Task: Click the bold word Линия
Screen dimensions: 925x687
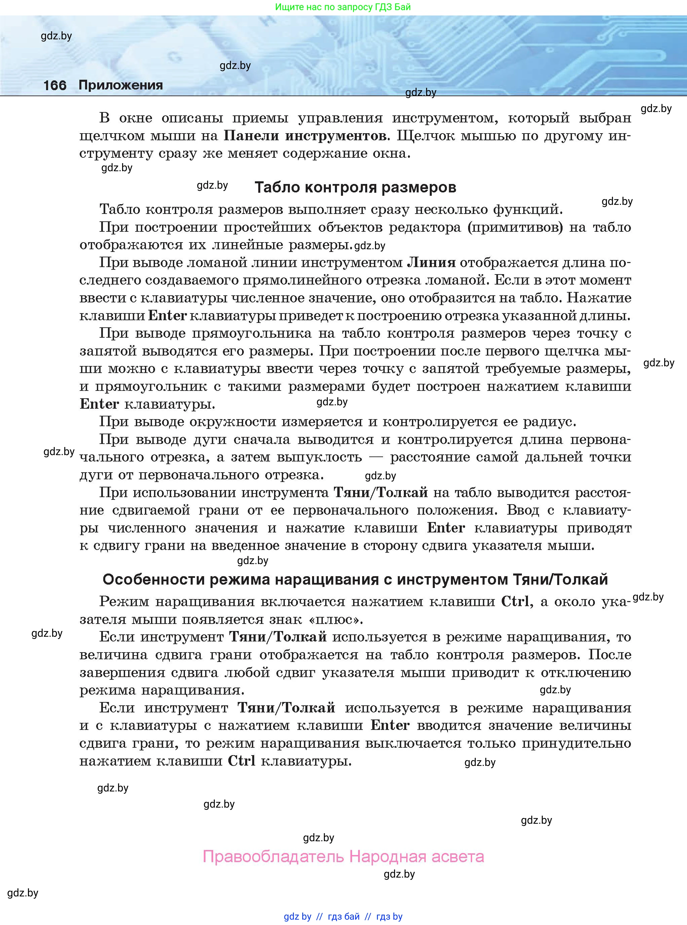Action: [431, 262]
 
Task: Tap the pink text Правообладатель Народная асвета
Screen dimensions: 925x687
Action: [343, 856]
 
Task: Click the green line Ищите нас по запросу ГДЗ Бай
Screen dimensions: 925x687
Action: [343, 7]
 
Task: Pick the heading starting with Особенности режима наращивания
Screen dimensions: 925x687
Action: [355, 579]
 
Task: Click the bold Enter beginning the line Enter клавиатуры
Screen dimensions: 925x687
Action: [99, 404]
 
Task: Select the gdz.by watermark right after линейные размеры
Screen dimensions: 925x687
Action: [370, 246]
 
